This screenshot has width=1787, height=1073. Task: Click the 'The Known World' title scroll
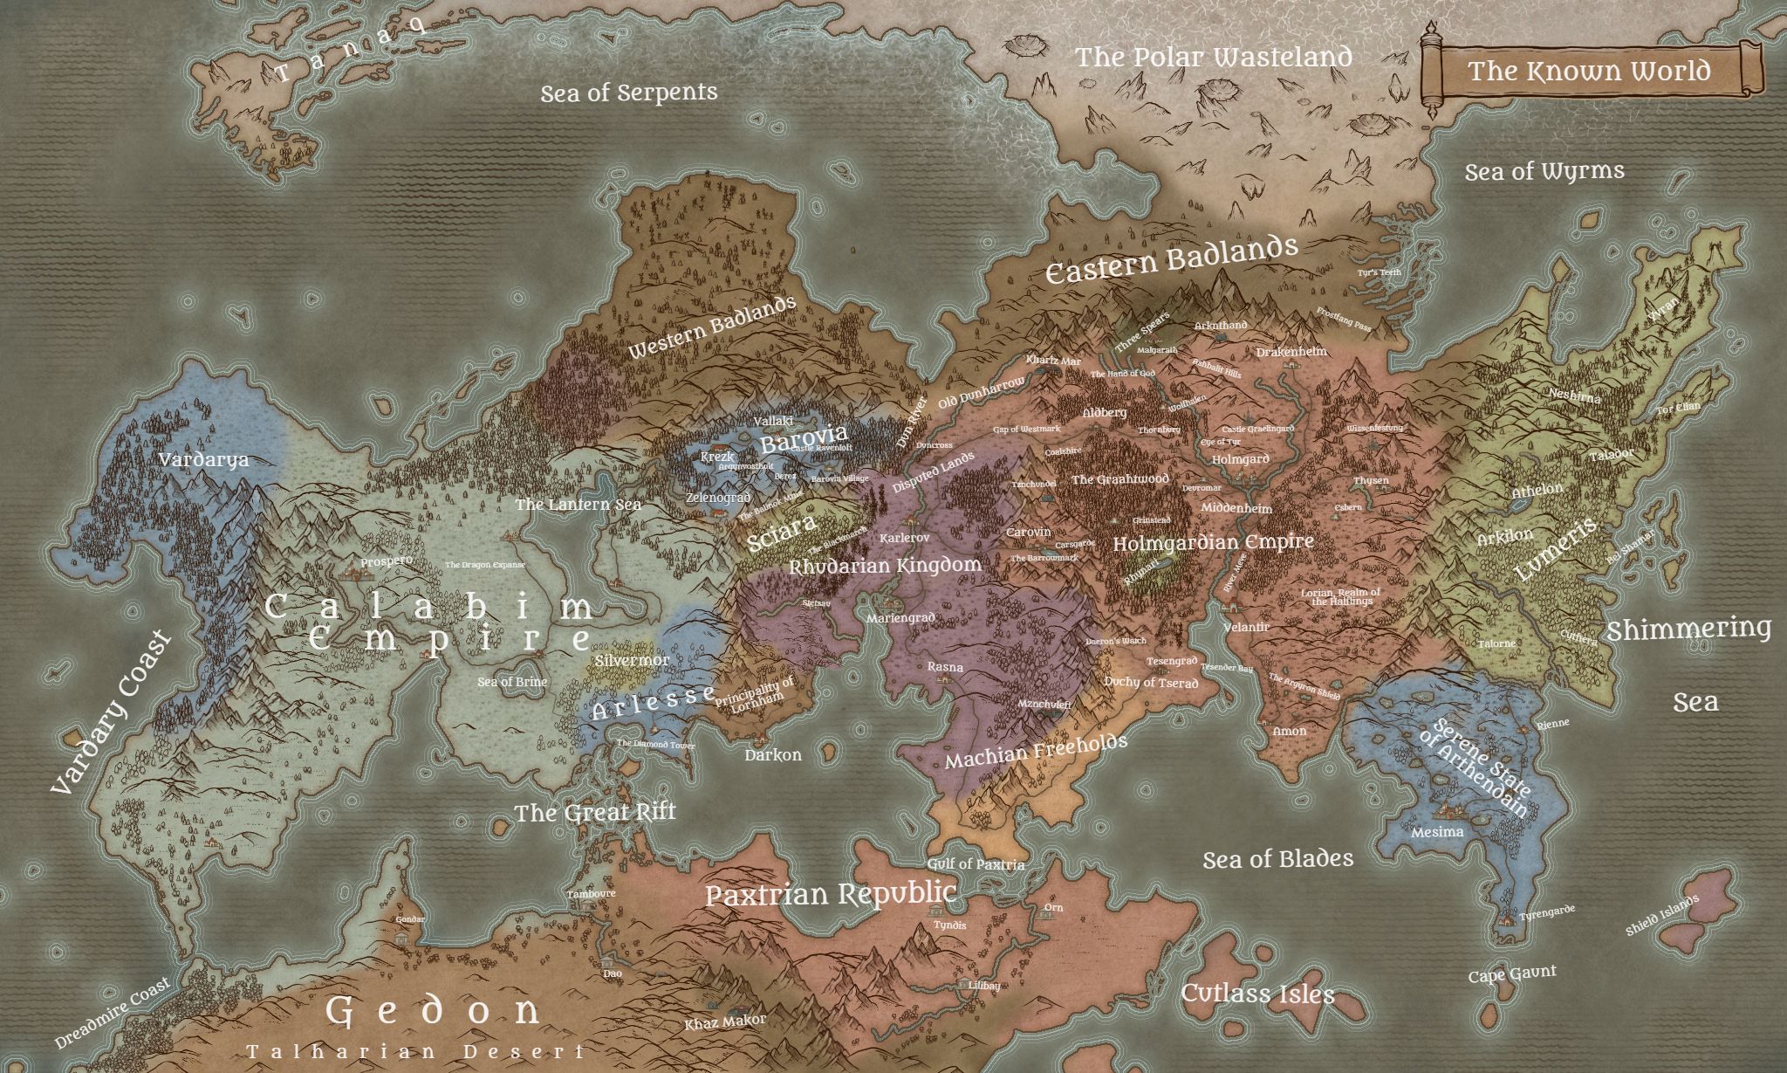(x=1588, y=71)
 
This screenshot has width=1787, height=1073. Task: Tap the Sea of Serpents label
(x=628, y=93)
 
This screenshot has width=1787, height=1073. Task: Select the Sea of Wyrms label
(x=1544, y=171)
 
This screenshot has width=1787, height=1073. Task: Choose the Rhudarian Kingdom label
(x=885, y=566)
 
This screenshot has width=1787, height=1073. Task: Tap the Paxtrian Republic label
(x=830, y=894)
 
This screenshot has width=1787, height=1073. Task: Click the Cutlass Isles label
(x=1257, y=994)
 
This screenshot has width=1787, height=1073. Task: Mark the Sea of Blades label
(x=1277, y=859)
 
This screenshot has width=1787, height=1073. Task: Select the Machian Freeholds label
(x=1036, y=752)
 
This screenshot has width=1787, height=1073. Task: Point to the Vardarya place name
(x=203, y=459)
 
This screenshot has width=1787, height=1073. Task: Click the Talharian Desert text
(x=414, y=1051)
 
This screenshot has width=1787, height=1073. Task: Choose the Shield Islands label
(x=1661, y=916)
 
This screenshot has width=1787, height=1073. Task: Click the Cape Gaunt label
(x=1511, y=974)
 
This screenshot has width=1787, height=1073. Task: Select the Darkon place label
(x=772, y=754)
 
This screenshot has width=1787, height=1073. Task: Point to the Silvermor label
(x=631, y=661)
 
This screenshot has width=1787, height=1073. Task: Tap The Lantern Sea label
(x=578, y=505)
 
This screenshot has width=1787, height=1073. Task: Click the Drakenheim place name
(x=1291, y=352)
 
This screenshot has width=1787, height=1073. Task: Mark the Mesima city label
(x=1437, y=832)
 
